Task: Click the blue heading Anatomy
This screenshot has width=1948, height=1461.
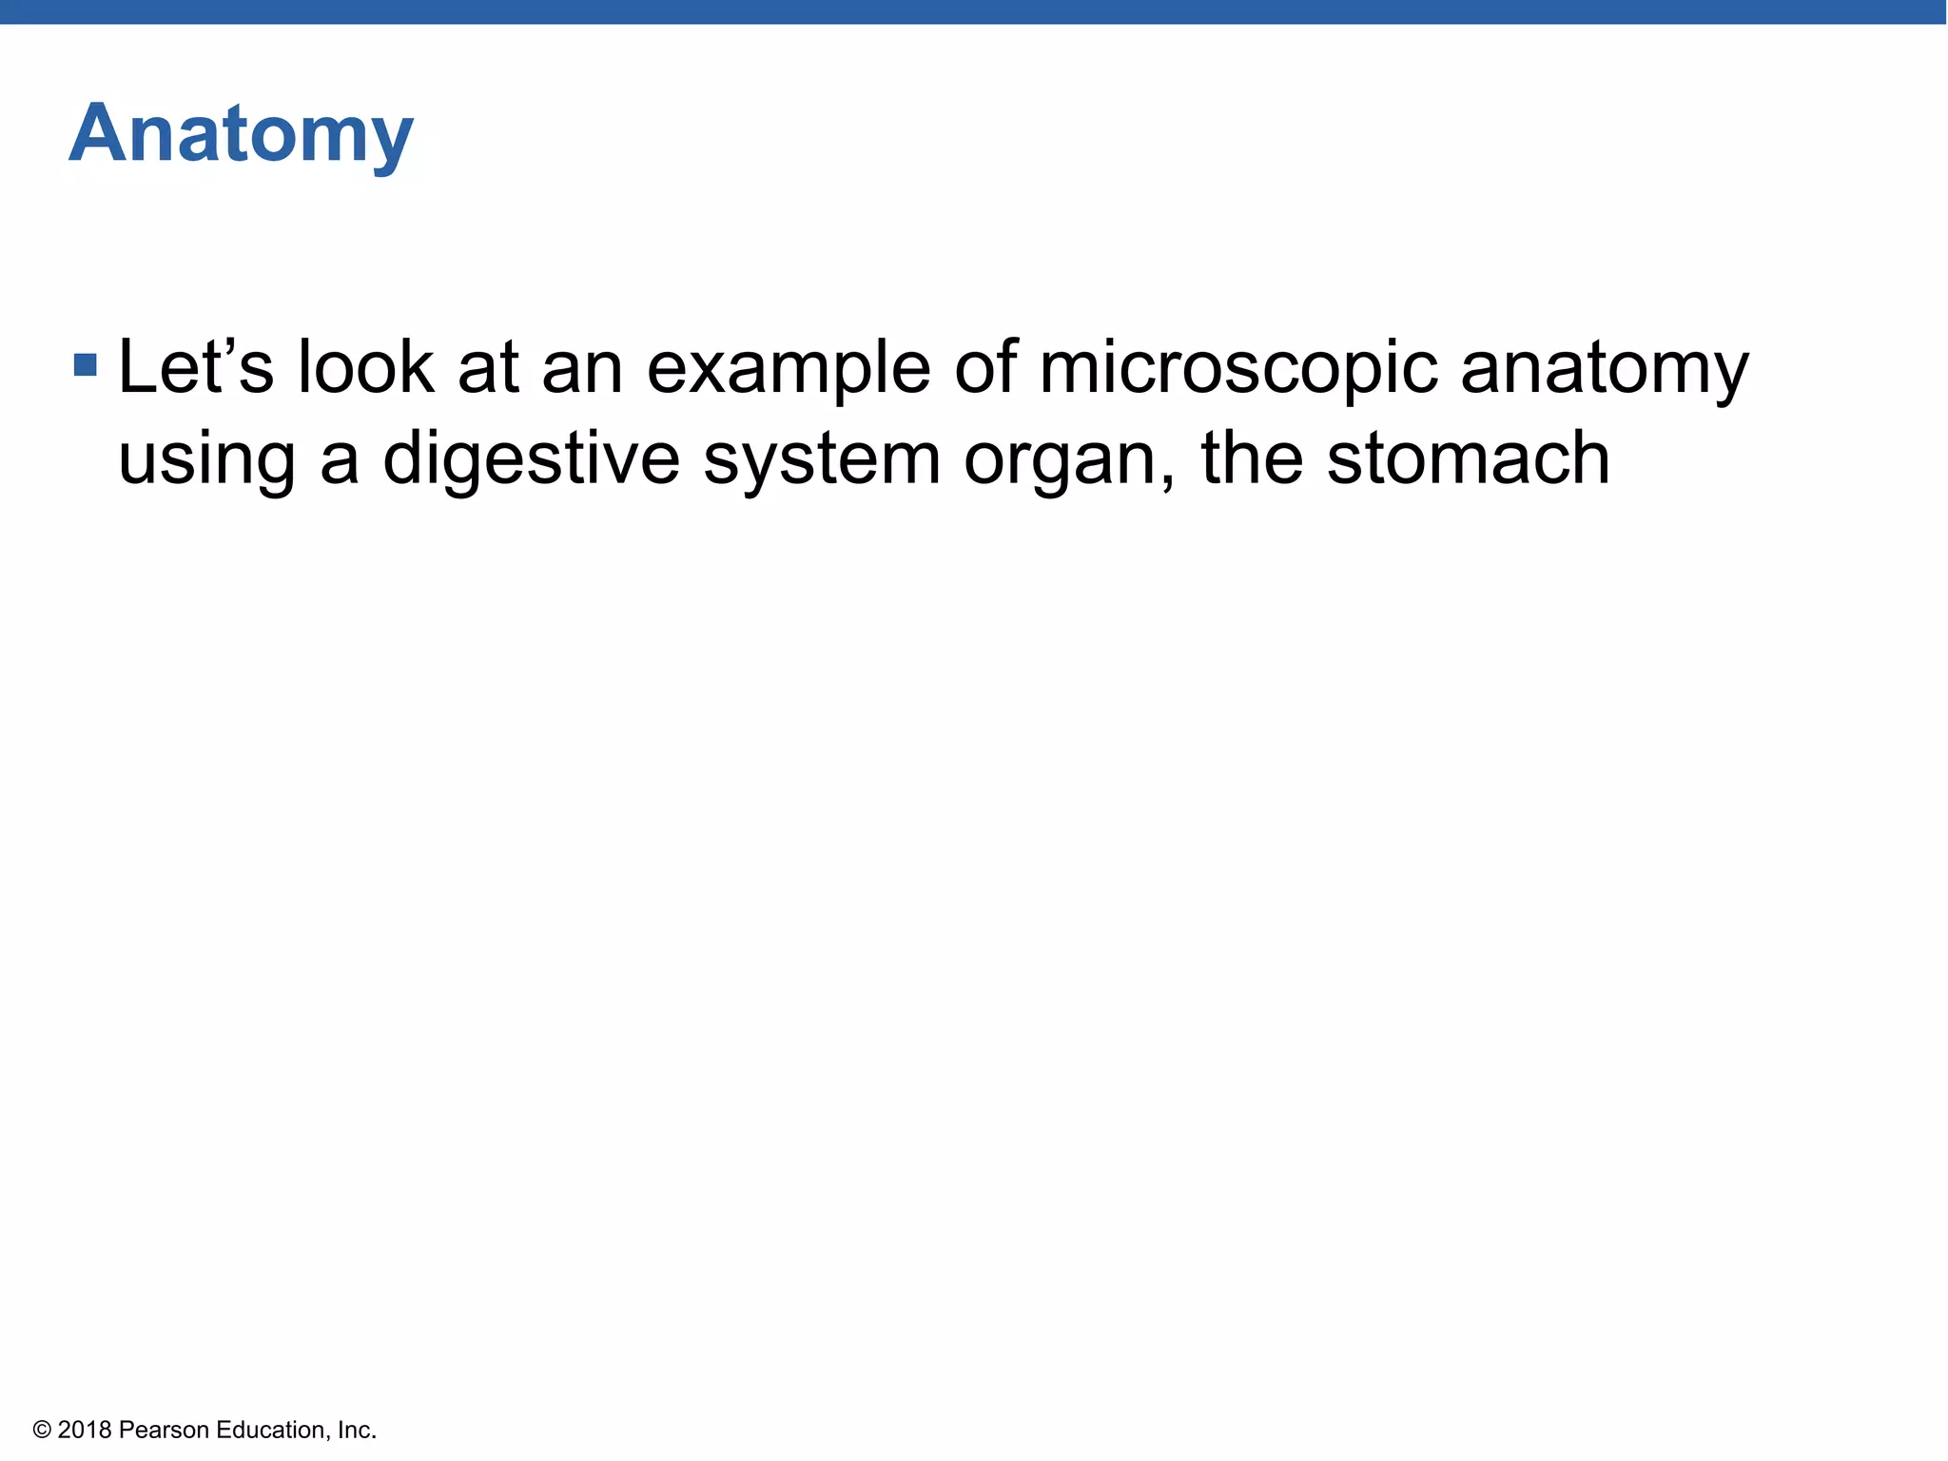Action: coord(241,135)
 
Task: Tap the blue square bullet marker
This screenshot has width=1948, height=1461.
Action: coord(86,364)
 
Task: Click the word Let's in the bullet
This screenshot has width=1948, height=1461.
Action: coord(195,367)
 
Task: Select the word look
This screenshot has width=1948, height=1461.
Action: coord(366,367)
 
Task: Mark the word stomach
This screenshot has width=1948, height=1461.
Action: coord(1468,458)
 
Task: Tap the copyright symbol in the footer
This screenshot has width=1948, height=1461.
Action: coord(41,1431)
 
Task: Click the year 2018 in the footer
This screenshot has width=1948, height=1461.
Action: coord(85,1431)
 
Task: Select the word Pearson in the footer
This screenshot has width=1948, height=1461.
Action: coord(164,1431)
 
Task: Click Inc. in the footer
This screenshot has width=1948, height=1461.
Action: coord(357,1431)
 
